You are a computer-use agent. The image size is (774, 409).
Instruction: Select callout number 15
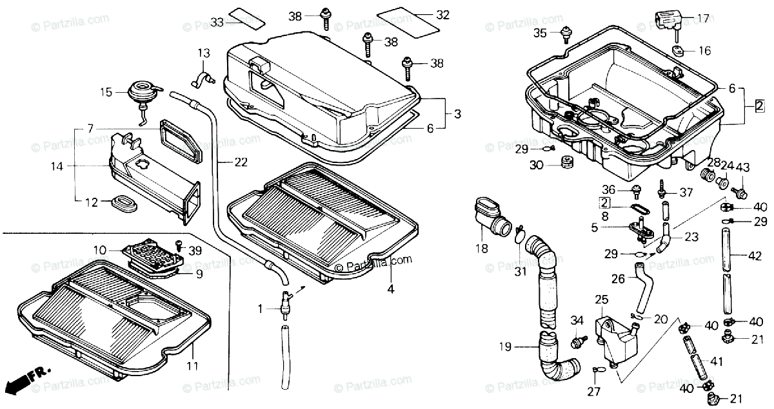[x=106, y=93]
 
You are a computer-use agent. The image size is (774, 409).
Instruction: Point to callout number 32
[x=442, y=15]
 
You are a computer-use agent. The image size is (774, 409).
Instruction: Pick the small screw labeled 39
[x=179, y=249]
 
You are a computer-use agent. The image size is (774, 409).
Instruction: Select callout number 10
[x=100, y=249]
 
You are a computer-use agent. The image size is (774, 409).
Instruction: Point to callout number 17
[x=703, y=19]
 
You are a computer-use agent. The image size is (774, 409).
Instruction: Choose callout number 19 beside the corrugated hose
[x=504, y=347]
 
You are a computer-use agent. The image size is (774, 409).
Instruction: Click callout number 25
[x=602, y=300]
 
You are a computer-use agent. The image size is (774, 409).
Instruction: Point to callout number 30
[x=535, y=165]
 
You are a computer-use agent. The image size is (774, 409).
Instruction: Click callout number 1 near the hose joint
[x=261, y=309]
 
